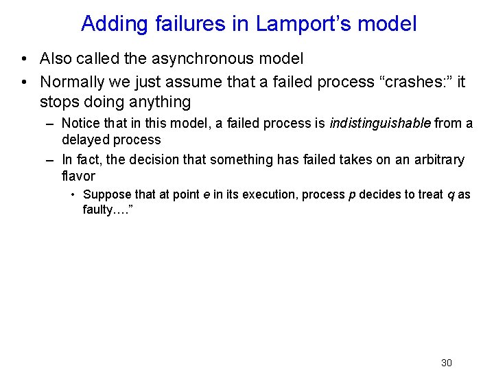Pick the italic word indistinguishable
click(x=380, y=124)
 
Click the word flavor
click(x=78, y=176)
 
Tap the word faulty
click(x=98, y=210)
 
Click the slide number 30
click(x=447, y=363)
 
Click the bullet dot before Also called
click(x=24, y=60)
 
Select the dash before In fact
click(x=49, y=160)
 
